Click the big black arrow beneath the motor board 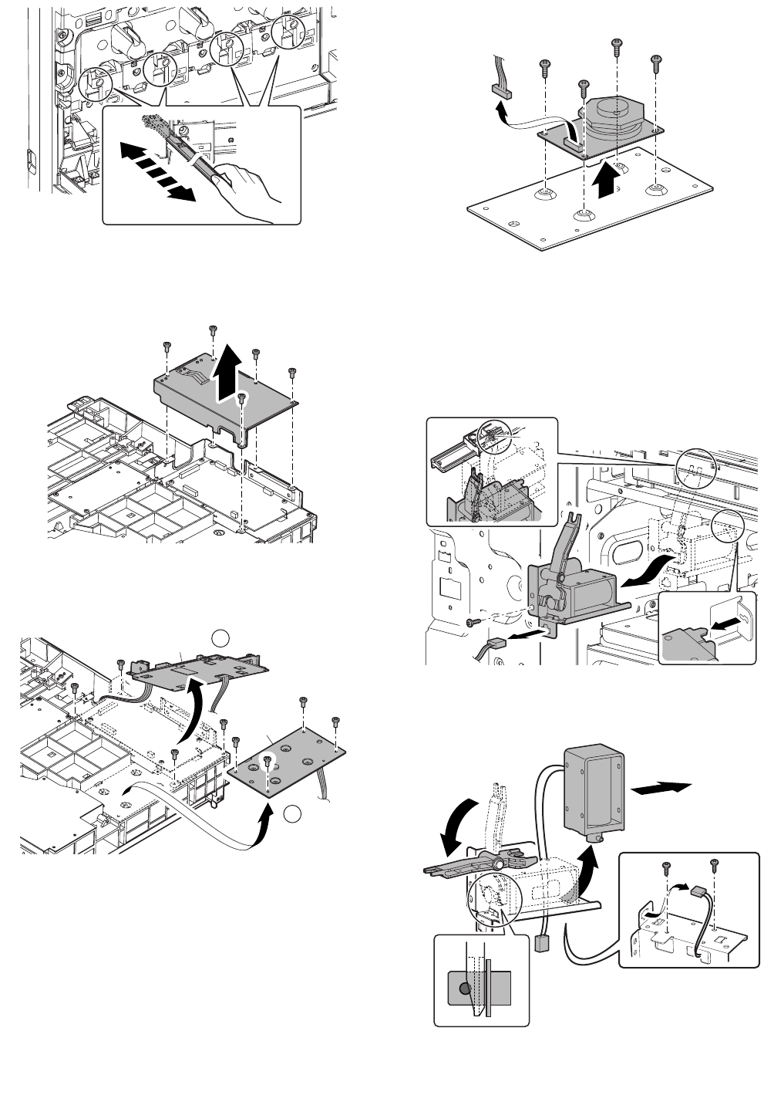tap(607, 180)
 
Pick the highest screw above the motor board tap(616, 46)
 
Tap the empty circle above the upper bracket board tap(220, 637)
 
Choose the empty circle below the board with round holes tap(290, 813)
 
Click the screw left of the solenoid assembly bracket tap(471, 622)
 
